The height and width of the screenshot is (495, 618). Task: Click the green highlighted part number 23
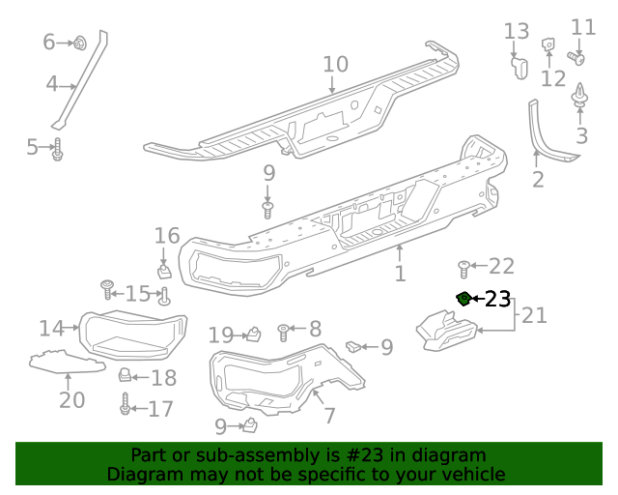pos(464,298)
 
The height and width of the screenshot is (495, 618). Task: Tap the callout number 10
pos(334,65)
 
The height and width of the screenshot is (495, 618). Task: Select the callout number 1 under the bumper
pos(400,275)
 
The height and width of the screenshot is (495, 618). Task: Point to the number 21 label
pos(534,314)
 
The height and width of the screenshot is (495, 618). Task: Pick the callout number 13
pos(517,32)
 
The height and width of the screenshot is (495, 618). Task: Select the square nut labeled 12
pos(548,44)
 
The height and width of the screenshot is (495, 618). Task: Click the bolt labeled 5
pos(57,149)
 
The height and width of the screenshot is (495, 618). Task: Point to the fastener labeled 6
pos(80,43)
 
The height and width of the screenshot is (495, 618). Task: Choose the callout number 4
pos(53,84)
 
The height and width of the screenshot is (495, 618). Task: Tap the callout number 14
pos(51,328)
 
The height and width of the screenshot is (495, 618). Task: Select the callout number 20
pos(71,398)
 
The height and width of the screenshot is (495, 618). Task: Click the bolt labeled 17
pos(125,407)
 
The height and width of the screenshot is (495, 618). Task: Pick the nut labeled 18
pos(125,375)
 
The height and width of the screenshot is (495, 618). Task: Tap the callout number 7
pos(329,416)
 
